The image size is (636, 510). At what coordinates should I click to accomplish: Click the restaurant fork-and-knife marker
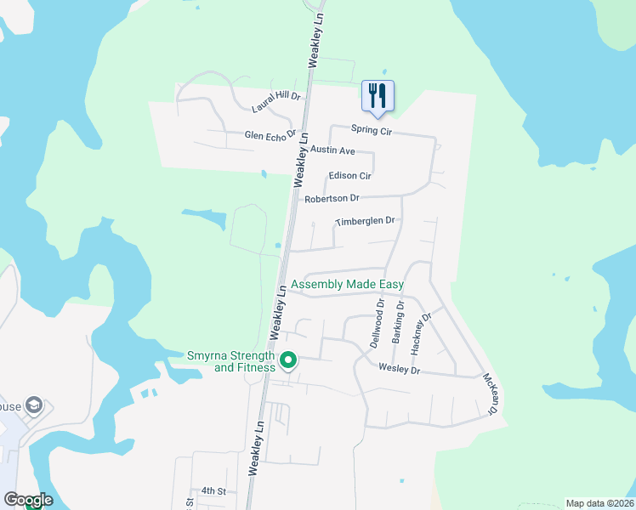click(x=378, y=96)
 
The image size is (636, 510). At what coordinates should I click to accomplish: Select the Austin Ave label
click(x=332, y=150)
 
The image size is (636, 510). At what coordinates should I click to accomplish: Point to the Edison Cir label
click(x=350, y=176)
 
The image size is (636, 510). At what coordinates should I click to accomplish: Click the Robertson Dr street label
click(x=332, y=198)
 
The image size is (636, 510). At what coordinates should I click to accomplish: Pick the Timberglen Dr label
click(x=366, y=221)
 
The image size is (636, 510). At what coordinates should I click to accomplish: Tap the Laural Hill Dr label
click(x=276, y=102)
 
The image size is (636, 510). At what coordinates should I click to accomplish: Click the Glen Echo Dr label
click(x=270, y=134)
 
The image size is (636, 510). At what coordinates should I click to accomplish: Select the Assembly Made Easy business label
click(x=347, y=284)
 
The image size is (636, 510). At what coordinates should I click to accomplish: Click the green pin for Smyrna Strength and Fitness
click(x=288, y=361)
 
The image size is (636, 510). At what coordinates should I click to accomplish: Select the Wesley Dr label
click(x=400, y=371)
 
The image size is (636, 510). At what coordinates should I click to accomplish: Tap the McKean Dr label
click(x=489, y=394)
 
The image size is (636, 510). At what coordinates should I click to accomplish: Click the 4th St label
click(x=213, y=491)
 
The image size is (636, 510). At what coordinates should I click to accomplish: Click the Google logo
click(x=28, y=500)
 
